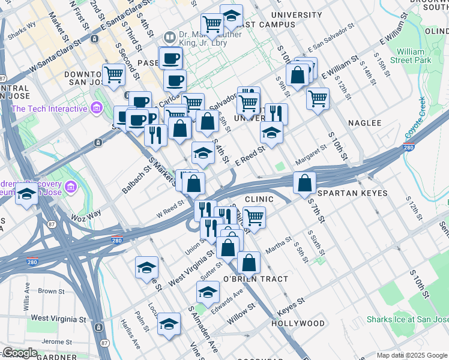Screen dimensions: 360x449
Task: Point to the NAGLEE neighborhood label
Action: click(x=364, y=123)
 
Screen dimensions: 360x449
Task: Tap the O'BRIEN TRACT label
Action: click(x=256, y=279)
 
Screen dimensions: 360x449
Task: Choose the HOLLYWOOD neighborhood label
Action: click(x=298, y=323)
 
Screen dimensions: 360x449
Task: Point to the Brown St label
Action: click(x=51, y=292)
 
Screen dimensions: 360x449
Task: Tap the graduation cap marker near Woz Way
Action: click(x=26, y=194)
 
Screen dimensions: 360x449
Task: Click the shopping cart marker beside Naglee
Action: click(x=318, y=97)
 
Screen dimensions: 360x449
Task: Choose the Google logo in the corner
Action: click(x=20, y=353)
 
